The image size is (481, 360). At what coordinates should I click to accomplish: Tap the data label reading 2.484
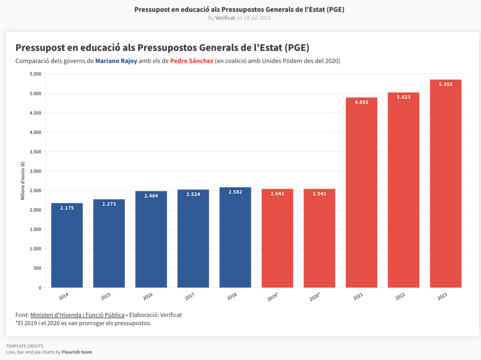pos(151,195)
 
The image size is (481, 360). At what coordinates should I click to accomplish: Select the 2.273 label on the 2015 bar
pos(109,204)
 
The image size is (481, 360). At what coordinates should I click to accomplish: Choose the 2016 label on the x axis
pos(147,296)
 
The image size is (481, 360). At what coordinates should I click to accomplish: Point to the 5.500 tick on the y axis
pos(35,74)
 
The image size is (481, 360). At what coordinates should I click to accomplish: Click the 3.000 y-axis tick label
pos(35,171)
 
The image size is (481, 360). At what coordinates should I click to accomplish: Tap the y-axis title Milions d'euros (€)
pos(23,181)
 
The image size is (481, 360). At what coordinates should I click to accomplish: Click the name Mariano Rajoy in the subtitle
pos(116,61)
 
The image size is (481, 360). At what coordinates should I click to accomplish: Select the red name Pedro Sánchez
pos(192,61)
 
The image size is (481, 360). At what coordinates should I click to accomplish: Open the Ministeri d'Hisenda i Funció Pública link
pos(78,315)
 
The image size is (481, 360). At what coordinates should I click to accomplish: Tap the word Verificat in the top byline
pos(225,18)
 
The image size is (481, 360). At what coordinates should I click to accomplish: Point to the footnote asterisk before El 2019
pos(16,323)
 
